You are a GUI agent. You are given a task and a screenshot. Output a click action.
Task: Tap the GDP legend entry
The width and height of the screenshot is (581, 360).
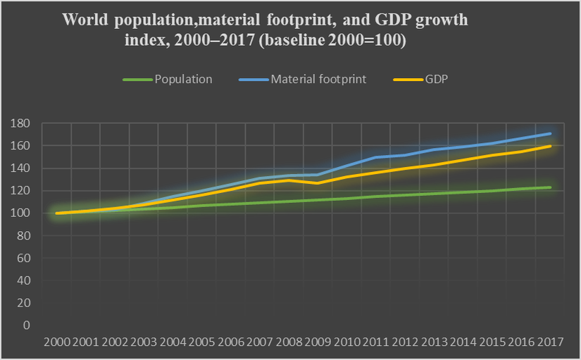[x=437, y=79]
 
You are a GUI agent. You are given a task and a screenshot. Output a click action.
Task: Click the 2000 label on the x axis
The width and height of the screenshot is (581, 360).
[x=56, y=342]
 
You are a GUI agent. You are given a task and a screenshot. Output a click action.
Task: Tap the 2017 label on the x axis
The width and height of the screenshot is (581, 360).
[x=549, y=342]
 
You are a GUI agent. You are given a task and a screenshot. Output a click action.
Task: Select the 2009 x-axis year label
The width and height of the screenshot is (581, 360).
[x=318, y=342]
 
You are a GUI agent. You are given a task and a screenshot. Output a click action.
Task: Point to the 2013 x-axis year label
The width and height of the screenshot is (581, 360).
[x=433, y=342]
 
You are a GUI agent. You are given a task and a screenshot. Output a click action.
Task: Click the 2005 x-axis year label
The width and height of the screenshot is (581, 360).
[x=201, y=342]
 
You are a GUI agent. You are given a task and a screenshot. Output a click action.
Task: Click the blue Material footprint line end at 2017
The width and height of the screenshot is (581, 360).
[x=549, y=133]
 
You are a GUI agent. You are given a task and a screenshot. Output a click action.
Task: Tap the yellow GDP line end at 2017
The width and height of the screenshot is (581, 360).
[x=549, y=147]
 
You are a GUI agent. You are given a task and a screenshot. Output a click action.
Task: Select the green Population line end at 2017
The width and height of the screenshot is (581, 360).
[x=549, y=187]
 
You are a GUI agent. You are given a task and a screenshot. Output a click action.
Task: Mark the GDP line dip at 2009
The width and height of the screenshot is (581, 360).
[x=318, y=183]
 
